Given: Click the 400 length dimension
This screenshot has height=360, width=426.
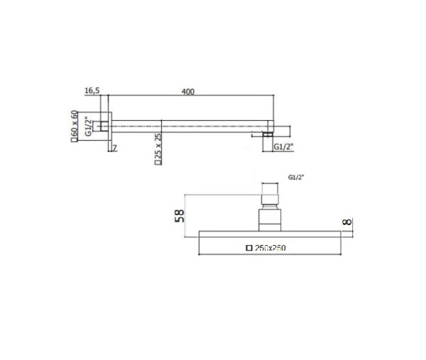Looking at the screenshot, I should coord(187,91).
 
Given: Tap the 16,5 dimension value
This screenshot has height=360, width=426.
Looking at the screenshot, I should coord(92,91).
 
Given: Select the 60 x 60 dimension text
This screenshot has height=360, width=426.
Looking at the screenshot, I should coord(75,126).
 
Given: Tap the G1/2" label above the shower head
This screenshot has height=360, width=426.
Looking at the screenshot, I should coord(297,178).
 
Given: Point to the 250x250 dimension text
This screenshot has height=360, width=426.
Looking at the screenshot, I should coord(271,248).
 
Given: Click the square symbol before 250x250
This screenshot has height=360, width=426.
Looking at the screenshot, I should coord(248,248).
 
